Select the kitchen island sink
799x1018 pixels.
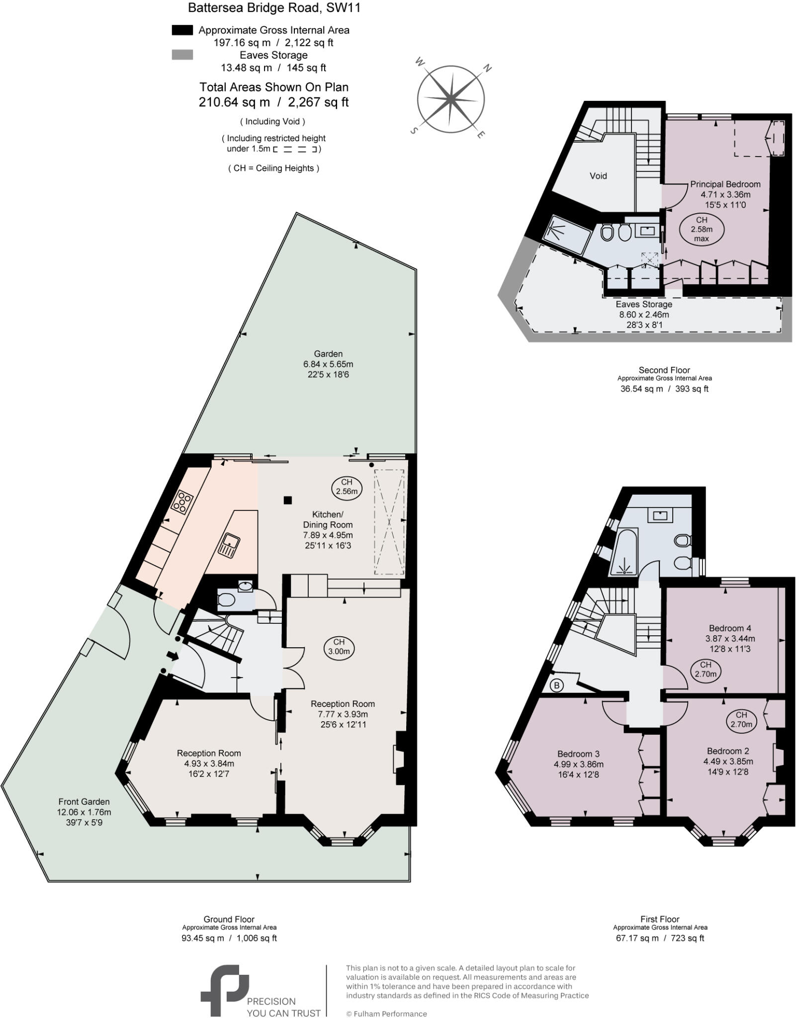[x=229, y=544]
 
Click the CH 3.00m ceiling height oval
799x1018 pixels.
[x=339, y=647]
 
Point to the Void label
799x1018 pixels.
[x=598, y=175]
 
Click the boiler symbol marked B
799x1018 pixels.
[x=557, y=685]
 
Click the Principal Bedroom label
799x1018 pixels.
[x=725, y=184]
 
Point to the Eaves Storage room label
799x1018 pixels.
[x=643, y=304]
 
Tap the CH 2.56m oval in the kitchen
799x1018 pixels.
[x=347, y=487]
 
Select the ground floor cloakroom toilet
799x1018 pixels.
[x=226, y=600]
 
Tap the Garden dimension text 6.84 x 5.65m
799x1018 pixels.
[x=328, y=364]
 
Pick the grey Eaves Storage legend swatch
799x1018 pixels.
[x=182, y=55]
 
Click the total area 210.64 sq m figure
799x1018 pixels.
[x=234, y=102]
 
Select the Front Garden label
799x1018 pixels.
[x=84, y=801]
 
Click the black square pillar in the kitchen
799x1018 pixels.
[x=287, y=500]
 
